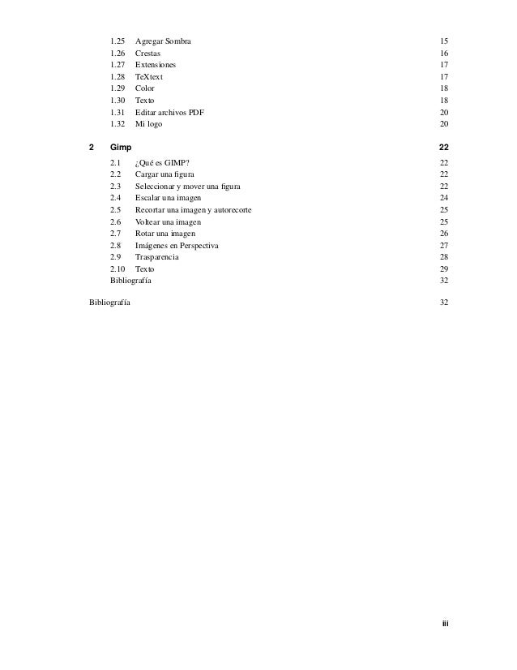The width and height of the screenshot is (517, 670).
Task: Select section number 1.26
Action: click(x=117, y=52)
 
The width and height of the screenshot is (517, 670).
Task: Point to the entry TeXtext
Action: click(x=149, y=75)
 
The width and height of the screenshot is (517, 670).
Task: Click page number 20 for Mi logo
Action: click(x=443, y=123)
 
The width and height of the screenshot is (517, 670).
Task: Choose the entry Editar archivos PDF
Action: click(x=169, y=111)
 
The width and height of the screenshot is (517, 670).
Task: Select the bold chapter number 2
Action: click(x=91, y=146)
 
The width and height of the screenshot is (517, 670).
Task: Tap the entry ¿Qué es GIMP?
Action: click(x=161, y=163)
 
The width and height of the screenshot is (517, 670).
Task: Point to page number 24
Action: click(x=443, y=198)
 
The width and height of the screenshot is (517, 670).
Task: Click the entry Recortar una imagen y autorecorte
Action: click(x=193, y=210)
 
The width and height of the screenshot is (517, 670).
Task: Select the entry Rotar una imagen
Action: click(x=165, y=234)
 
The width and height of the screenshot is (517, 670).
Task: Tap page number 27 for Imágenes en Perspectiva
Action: click(x=443, y=245)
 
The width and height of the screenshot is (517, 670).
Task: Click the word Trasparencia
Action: click(x=157, y=257)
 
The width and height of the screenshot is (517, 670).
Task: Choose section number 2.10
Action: click(x=117, y=268)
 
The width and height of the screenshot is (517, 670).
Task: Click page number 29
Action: click(x=443, y=268)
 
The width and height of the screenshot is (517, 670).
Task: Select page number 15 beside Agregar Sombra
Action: click(x=443, y=41)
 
